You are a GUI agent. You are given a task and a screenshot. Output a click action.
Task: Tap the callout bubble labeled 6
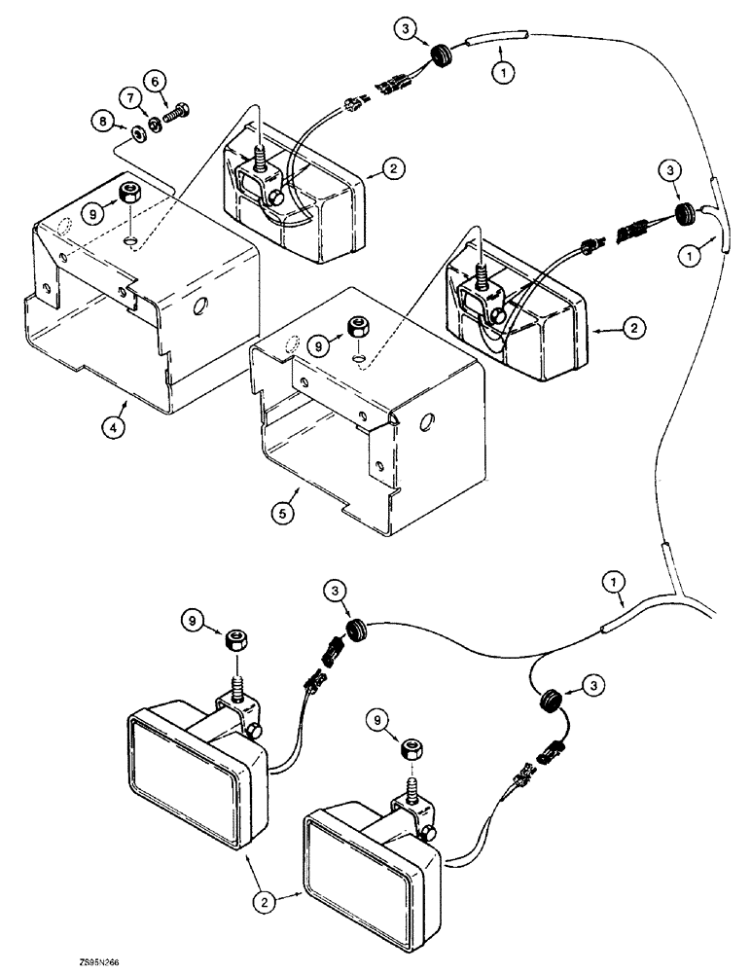[154, 79]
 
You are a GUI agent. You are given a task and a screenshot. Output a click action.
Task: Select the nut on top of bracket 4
[126, 192]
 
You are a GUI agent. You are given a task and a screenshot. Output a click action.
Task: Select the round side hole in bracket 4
[200, 307]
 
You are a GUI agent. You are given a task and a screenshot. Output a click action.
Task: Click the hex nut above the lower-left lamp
[233, 639]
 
